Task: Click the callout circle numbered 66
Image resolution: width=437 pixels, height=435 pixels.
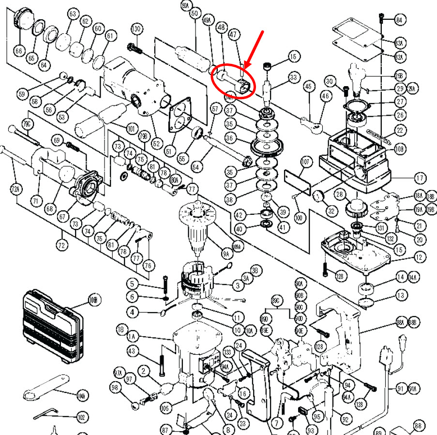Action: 19,50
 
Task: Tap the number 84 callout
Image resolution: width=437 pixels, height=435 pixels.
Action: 400,20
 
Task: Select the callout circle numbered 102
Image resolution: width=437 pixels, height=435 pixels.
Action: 82,417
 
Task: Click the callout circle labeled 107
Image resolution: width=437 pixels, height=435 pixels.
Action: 305,162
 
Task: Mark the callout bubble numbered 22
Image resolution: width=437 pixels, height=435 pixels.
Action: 400,129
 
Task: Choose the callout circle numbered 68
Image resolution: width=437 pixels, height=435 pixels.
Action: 49,209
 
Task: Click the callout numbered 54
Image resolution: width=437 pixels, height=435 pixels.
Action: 196,167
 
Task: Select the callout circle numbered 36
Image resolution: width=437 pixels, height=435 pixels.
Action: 230,138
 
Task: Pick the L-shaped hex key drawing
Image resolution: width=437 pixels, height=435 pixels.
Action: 46,414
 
